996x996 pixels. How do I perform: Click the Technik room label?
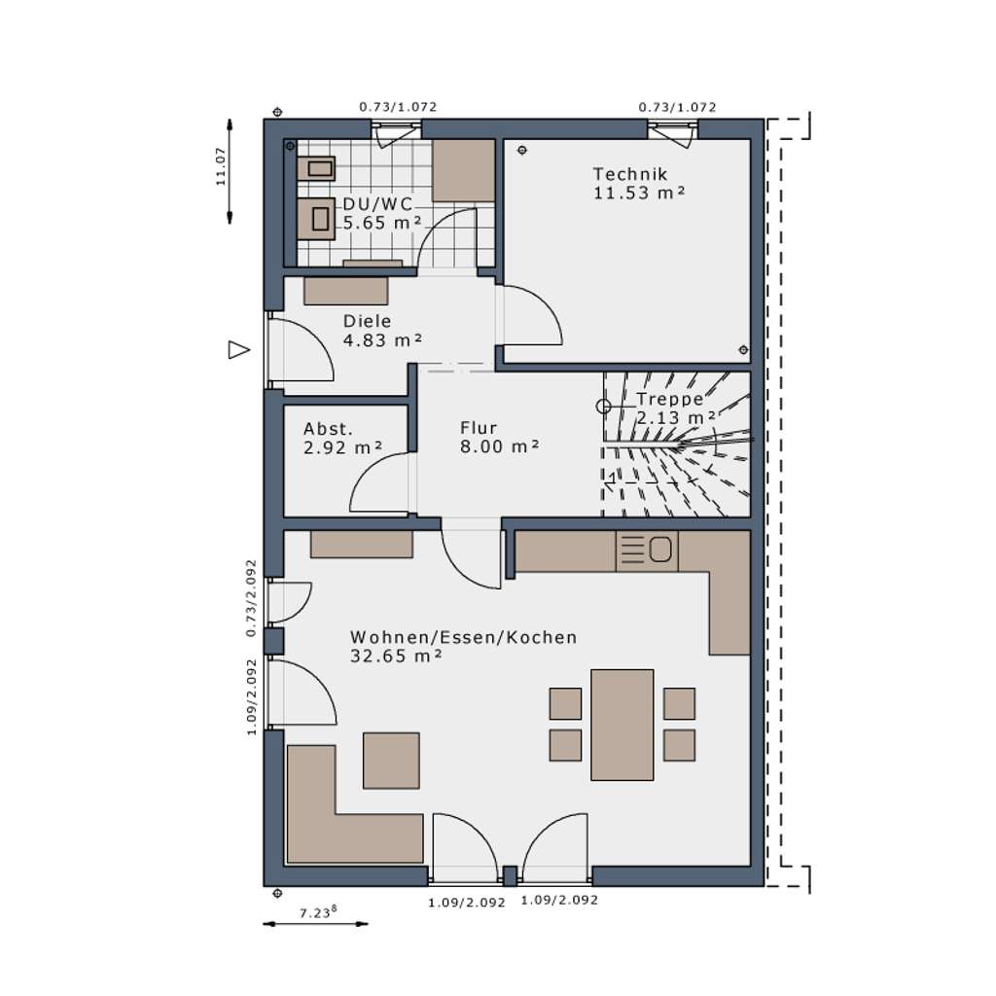tap(630, 174)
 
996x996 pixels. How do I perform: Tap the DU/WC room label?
tap(378, 204)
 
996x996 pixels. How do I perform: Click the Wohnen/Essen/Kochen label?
tap(463, 638)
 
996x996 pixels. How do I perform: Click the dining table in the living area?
tap(622, 725)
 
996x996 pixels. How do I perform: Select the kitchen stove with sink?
tap(647, 551)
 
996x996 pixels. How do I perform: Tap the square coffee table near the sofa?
tap(391, 761)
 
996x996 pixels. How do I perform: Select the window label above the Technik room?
tap(677, 107)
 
